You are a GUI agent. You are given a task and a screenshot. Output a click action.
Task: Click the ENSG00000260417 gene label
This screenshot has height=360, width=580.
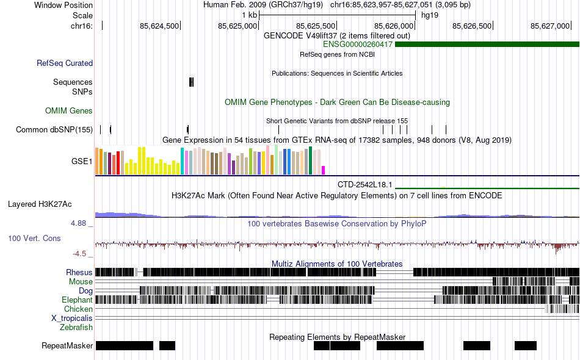357,44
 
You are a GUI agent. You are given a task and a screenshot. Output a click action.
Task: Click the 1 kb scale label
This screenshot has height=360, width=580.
249,15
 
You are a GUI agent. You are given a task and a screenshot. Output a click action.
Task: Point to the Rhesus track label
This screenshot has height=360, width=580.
79,272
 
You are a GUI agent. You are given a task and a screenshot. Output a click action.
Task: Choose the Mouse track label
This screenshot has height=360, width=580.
81,282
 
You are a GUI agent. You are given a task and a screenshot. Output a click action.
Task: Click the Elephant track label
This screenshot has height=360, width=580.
77,300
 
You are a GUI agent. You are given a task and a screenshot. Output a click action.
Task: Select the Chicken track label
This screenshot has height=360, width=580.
78,309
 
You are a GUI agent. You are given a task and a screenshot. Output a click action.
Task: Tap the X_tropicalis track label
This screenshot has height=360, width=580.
72,319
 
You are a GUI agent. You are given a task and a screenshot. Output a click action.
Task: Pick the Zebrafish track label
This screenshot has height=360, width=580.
76,328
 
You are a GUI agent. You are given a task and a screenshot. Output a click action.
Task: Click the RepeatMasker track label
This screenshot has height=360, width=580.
67,346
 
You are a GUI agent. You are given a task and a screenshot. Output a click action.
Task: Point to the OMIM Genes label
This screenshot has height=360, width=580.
69,110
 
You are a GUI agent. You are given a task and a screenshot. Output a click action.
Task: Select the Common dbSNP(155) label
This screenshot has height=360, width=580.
54,129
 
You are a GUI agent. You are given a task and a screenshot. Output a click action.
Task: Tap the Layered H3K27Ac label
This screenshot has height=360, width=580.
40,204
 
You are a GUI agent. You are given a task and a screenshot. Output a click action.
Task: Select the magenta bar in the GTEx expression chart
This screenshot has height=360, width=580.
324,170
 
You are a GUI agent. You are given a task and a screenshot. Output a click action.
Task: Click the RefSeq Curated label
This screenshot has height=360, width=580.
65,63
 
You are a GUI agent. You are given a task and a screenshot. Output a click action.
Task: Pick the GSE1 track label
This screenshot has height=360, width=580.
82,162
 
